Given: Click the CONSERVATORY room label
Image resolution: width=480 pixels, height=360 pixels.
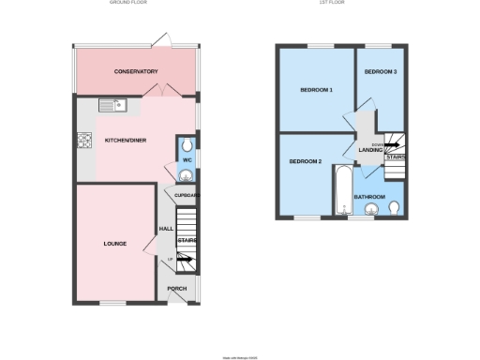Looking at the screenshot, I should pos(136,72).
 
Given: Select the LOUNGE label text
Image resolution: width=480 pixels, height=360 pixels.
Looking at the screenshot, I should pos(114,244).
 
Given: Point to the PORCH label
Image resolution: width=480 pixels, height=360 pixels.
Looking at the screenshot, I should pos(176,288).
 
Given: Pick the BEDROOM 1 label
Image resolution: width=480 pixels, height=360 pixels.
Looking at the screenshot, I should pos(316,90).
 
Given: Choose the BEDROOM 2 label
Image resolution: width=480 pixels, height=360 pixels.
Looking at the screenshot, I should pos(305,161).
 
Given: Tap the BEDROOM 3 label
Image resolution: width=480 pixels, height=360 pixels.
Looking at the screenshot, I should pos(381,72).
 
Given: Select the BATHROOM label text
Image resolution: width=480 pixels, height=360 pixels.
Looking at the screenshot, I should pos(370,196).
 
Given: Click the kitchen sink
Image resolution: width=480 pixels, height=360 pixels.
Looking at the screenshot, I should pos(112,105).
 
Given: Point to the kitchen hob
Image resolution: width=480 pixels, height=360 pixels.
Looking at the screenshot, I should pos(82,142).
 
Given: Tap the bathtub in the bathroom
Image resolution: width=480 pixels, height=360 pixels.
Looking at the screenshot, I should pos(340,189).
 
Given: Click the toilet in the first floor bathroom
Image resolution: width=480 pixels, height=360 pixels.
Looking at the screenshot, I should pos(395,207).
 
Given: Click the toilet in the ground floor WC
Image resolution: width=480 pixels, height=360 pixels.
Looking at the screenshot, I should pos(187,144).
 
